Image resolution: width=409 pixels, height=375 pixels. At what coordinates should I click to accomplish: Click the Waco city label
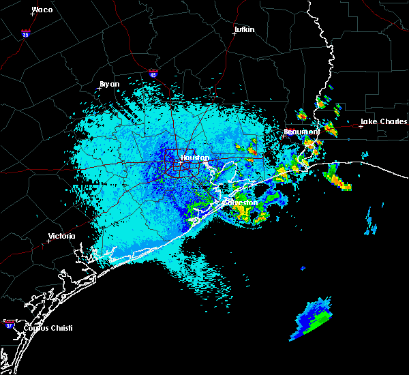point(42,10)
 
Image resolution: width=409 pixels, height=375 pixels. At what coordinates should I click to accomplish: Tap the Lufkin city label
point(244,30)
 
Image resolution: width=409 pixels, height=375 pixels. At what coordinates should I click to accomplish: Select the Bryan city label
point(110,84)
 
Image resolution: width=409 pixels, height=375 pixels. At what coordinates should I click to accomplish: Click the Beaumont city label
point(301,131)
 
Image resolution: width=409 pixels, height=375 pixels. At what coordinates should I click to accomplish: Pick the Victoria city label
point(61,237)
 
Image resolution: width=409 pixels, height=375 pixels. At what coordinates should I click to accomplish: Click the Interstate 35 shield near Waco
point(25,33)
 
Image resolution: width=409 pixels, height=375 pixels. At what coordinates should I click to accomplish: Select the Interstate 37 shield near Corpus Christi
point(9,322)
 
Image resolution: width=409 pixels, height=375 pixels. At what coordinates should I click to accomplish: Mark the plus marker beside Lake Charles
point(361,126)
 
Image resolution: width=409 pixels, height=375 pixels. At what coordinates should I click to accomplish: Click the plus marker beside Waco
point(32,14)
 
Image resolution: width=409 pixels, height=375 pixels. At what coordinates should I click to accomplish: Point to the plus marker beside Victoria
point(48,241)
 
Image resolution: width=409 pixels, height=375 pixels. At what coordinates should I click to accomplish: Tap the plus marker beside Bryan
point(99,88)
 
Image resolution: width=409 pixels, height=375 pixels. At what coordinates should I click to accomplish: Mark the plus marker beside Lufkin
point(234,34)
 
